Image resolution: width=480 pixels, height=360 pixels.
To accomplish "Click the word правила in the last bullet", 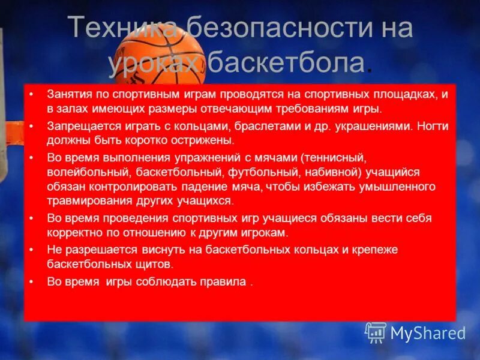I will coord(223,281).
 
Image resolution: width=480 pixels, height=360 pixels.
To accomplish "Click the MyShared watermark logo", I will coord(415,332).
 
